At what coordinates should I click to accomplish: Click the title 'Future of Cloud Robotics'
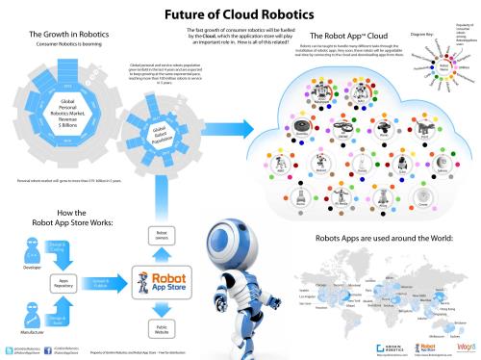(240, 15)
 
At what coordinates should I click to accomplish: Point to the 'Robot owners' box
(164, 237)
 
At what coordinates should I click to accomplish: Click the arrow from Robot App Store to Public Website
(164, 305)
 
